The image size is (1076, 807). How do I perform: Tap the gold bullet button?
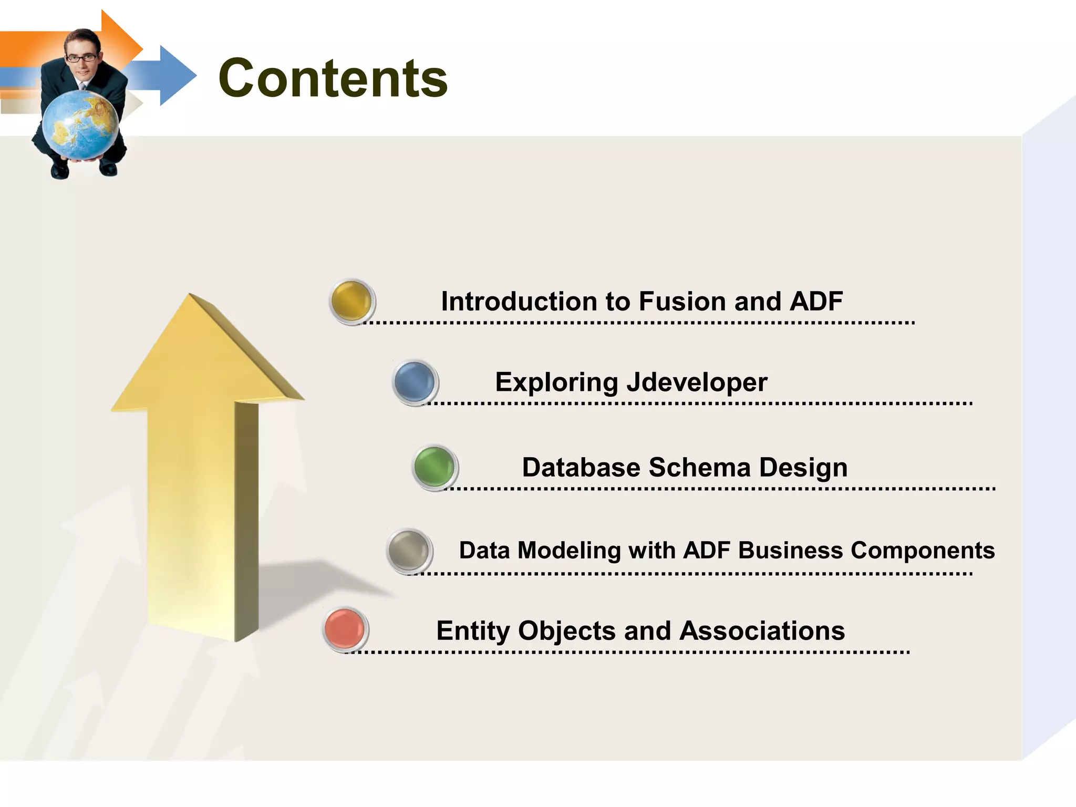351,301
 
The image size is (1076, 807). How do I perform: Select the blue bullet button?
415,382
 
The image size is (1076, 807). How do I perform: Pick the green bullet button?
434,467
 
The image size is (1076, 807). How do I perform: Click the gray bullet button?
409,550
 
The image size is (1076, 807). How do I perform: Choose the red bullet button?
345,629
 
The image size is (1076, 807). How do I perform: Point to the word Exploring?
556,382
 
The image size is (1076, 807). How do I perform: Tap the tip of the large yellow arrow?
191,297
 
